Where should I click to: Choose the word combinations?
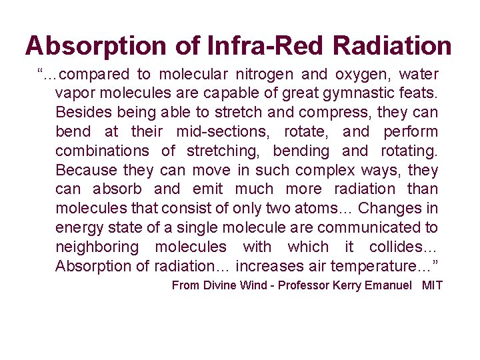click(x=103, y=151)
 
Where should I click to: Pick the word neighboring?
click(x=98, y=247)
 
